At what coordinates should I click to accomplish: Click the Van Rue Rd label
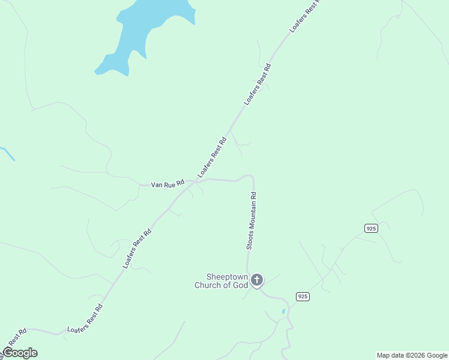click(x=167, y=185)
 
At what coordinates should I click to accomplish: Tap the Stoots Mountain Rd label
click(x=253, y=221)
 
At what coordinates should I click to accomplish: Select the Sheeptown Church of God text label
click(x=221, y=281)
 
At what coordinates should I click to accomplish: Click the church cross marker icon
click(x=257, y=280)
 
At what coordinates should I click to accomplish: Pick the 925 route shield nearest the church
click(x=303, y=297)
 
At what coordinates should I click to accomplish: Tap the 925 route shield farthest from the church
click(x=370, y=228)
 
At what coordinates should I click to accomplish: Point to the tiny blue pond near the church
click(x=283, y=311)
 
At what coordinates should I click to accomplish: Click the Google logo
click(x=20, y=353)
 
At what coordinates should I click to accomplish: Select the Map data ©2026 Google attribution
click(x=412, y=355)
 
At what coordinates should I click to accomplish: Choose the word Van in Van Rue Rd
click(x=157, y=185)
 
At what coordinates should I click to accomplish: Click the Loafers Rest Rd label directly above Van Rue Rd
click(x=212, y=157)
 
